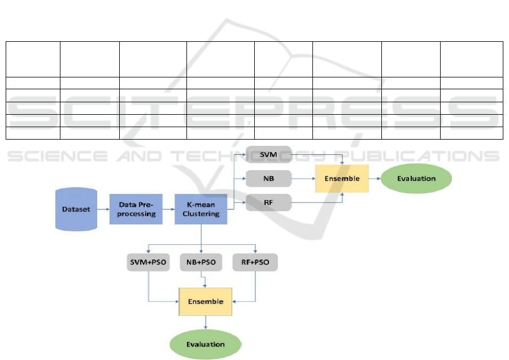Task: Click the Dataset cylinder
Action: (x=76, y=209)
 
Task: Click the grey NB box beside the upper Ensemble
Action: (x=268, y=179)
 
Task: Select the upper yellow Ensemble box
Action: (x=342, y=179)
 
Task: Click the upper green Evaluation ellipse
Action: (x=416, y=179)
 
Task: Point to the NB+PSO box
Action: (x=201, y=262)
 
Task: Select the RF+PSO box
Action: (x=255, y=262)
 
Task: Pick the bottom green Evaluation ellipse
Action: (x=206, y=344)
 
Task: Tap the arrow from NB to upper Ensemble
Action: (x=302, y=179)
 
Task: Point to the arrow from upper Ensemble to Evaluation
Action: (x=375, y=179)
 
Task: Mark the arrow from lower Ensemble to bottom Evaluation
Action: (x=206, y=322)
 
